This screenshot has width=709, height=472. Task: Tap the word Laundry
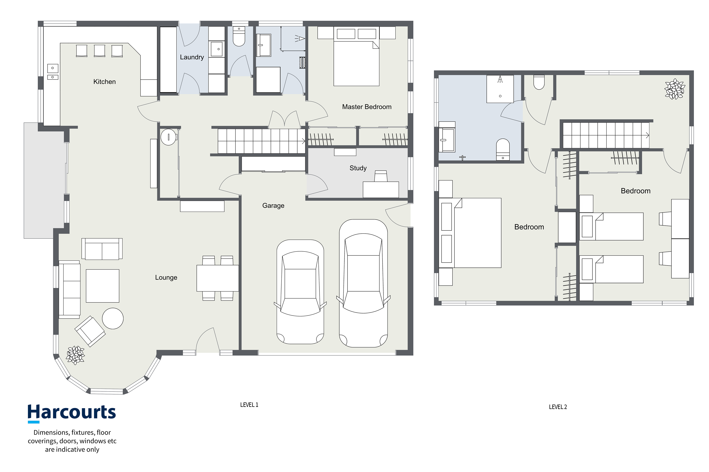click(x=192, y=57)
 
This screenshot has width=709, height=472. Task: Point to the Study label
click(x=358, y=168)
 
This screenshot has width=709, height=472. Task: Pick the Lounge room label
click(x=166, y=278)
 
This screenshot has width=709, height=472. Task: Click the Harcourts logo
click(x=72, y=413)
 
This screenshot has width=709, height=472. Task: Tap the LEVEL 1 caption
click(x=249, y=405)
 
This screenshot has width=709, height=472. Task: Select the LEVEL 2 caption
click(x=558, y=407)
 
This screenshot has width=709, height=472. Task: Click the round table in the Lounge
click(x=113, y=319)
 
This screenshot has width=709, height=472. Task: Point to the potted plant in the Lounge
click(x=75, y=355)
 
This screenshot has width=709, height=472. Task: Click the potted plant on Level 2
click(x=675, y=89)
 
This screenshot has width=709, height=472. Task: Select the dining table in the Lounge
click(x=218, y=278)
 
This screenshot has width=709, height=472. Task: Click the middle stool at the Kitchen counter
click(x=99, y=51)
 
